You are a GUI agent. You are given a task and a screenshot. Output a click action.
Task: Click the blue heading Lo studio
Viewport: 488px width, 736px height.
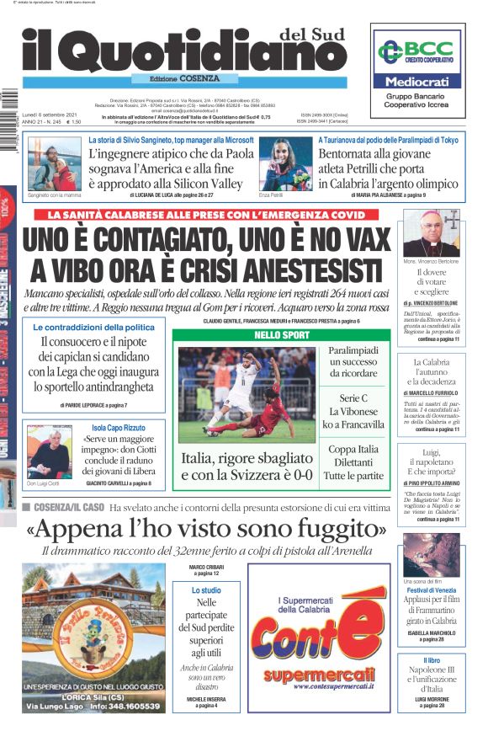click(x=206, y=590)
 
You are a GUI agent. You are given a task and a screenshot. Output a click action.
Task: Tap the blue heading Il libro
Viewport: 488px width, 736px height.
click(x=430, y=660)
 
